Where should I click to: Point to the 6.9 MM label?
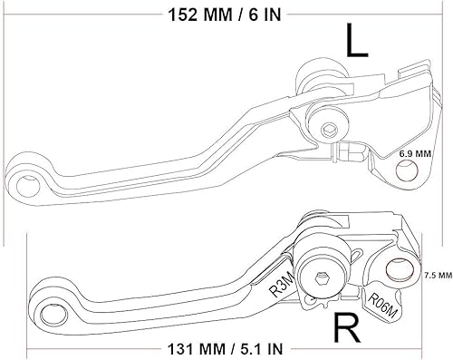414,155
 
